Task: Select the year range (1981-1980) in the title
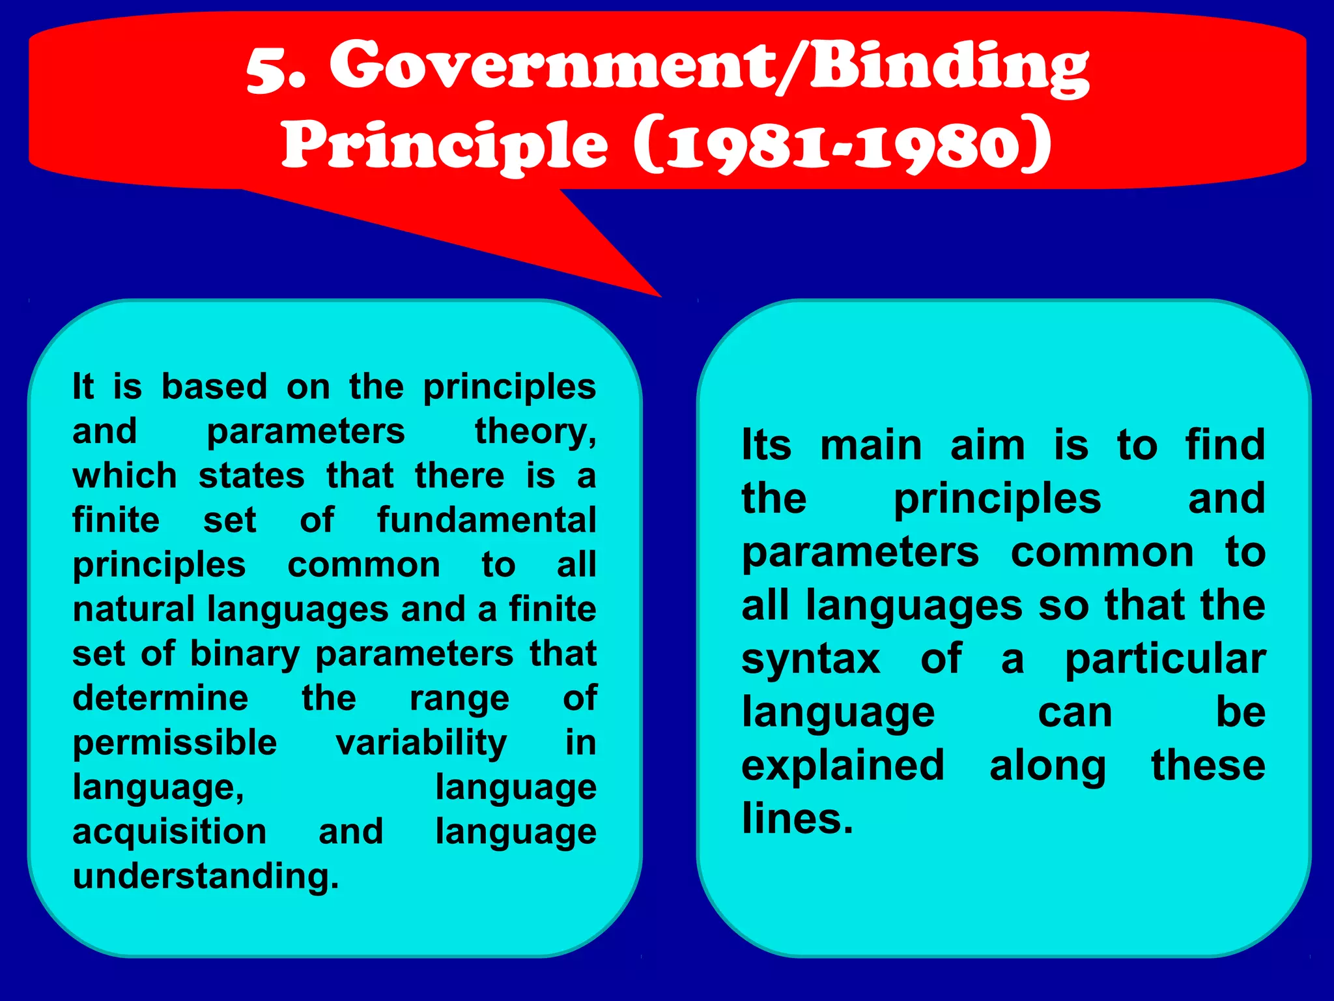coord(842,144)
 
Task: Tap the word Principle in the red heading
coord(445,144)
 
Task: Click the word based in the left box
coord(214,386)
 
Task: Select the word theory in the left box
coord(534,431)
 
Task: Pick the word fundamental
coord(487,520)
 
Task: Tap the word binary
coord(244,654)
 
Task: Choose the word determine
coord(160,698)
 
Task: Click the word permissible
coord(175,742)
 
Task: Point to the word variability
coord(421,742)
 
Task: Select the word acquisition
coord(169,832)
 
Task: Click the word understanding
coord(206,876)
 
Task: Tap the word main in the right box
coord(871,446)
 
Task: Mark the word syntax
coord(811,660)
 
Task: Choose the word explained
coord(843,766)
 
